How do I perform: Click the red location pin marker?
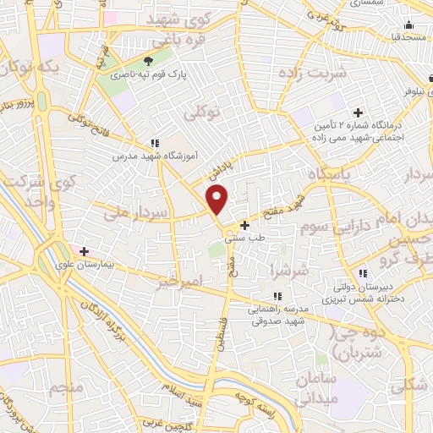click(218, 200)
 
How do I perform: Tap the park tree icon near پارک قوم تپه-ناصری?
click(149, 61)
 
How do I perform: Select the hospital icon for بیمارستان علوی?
click(84, 251)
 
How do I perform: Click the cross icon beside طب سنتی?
click(245, 226)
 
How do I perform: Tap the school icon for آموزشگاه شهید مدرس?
click(153, 144)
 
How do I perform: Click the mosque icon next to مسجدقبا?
click(408, 25)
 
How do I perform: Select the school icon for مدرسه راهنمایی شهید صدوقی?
click(277, 296)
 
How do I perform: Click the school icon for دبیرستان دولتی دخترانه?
click(363, 273)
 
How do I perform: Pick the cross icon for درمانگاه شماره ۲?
click(359, 112)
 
